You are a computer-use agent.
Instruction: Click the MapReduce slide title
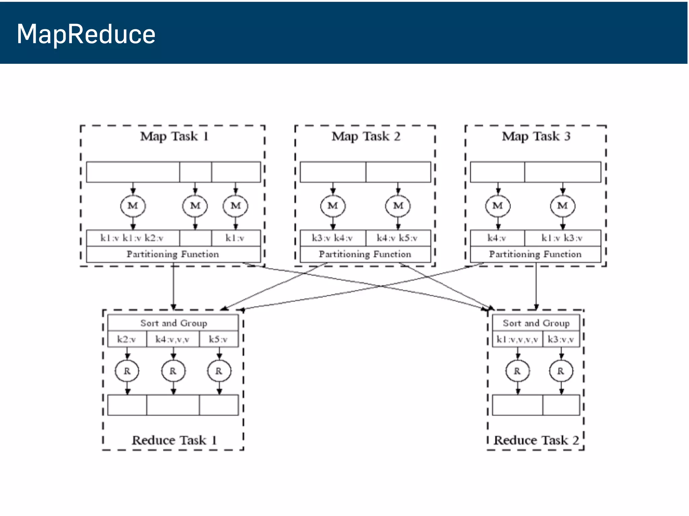(x=86, y=34)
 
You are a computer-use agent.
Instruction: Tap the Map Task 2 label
(x=366, y=136)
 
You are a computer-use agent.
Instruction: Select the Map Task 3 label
(x=536, y=136)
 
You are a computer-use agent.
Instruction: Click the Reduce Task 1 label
(x=174, y=440)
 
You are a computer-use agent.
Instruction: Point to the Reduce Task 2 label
(x=536, y=440)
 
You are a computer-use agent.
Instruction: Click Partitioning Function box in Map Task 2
(x=365, y=254)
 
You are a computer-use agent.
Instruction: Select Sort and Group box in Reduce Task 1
(x=173, y=323)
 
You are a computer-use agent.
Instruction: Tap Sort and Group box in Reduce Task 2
(x=536, y=323)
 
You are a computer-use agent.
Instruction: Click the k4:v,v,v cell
(x=173, y=339)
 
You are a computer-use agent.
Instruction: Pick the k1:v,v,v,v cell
(x=517, y=339)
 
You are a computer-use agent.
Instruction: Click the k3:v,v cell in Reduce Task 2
(x=560, y=339)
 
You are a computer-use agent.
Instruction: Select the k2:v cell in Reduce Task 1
(x=127, y=339)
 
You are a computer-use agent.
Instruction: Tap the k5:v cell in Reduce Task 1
(x=218, y=339)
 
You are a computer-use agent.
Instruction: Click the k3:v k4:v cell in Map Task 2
(x=332, y=238)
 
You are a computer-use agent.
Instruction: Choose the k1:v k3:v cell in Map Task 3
(x=562, y=238)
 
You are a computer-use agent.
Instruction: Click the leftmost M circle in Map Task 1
(x=133, y=206)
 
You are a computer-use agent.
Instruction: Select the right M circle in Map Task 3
(x=563, y=206)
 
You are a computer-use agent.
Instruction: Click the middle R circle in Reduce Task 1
(x=173, y=371)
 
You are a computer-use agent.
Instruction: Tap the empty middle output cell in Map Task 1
(x=195, y=238)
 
